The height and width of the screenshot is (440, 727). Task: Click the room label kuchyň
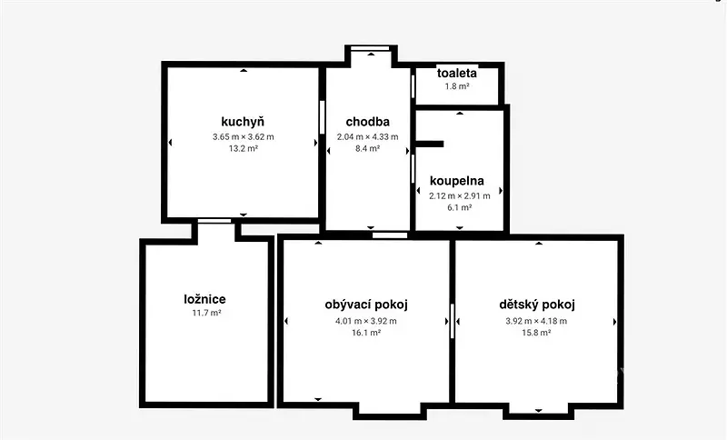(x=243, y=122)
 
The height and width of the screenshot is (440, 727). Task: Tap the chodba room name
(x=368, y=122)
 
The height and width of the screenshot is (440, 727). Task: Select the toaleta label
(x=457, y=73)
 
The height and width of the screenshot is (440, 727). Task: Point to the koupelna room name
(x=457, y=181)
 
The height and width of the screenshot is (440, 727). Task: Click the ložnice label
(x=205, y=299)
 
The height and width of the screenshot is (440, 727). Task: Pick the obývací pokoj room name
(x=366, y=305)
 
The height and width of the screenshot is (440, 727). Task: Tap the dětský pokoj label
(x=537, y=305)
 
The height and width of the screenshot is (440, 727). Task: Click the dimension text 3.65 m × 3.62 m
(x=244, y=136)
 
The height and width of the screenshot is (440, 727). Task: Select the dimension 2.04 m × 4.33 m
(x=368, y=136)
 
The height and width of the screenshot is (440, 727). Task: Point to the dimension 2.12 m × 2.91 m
(x=460, y=195)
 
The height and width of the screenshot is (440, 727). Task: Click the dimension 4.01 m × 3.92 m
(x=366, y=321)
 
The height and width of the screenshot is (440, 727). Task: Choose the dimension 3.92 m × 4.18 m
(x=536, y=321)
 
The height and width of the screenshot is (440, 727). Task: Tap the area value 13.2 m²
(x=244, y=149)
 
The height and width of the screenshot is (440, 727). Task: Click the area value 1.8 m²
(x=457, y=86)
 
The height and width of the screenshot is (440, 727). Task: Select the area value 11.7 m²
(x=207, y=313)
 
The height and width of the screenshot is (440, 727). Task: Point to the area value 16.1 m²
(x=366, y=333)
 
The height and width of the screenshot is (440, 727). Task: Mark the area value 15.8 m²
(x=536, y=333)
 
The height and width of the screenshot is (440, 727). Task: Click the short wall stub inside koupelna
(x=430, y=144)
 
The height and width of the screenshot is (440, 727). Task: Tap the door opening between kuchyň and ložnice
(x=214, y=221)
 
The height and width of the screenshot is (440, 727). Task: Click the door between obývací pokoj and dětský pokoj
(x=452, y=321)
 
